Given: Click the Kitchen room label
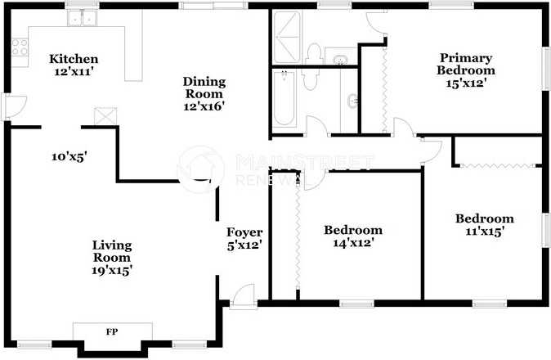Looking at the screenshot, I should coord(74,59).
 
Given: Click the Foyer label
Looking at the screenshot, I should coord(244,232).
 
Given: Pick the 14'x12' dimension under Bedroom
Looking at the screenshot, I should coord(352,243).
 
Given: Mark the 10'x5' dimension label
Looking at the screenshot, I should coord(68,155).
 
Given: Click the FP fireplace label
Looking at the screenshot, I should coord(111,332).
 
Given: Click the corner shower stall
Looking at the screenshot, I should coord(286,39).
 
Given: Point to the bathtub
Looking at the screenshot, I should coord(284,99).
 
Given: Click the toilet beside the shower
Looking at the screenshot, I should coord(311,54).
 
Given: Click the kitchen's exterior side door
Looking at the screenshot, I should coord(6,107).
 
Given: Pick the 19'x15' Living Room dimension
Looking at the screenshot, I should coord(112,269).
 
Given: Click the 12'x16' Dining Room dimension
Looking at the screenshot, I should coord(204,106).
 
